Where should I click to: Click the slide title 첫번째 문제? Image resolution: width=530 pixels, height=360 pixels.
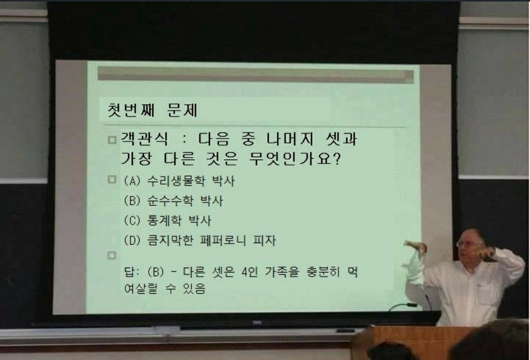(x=152, y=110)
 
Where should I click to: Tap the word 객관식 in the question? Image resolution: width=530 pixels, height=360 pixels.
(x=144, y=139)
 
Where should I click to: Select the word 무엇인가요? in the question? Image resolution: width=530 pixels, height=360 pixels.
(x=295, y=159)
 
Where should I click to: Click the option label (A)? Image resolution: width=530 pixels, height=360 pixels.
(x=132, y=181)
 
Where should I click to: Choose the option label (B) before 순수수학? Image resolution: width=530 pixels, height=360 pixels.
(x=132, y=201)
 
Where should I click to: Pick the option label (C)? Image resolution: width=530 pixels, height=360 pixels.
(x=132, y=221)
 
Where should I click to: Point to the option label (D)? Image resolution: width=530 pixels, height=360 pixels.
(x=132, y=240)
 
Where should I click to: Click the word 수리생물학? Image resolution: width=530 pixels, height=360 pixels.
(x=176, y=181)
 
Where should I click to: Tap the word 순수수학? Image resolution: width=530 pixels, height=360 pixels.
(x=170, y=200)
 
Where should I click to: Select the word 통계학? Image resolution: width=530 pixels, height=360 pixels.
(x=164, y=221)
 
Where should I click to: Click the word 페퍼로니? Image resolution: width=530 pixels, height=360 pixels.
(x=223, y=240)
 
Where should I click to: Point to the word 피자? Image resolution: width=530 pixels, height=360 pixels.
(x=265, y=240)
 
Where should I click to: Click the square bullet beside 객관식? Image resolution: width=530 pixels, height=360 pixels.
(x=112, y=139)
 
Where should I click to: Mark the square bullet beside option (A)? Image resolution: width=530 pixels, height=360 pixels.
(x=112, y=179)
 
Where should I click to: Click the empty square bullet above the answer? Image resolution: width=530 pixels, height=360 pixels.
(x=112, y=255)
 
